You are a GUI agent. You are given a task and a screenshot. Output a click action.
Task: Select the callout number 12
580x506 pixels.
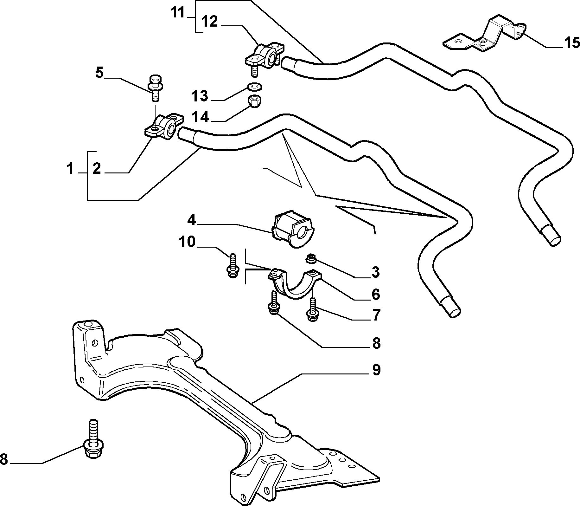click(x=209, y=22)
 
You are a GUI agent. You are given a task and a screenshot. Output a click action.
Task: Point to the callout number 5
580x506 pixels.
click(x=99, y=73)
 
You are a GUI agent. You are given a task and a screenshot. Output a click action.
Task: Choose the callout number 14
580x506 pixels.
click(x=200, y=117)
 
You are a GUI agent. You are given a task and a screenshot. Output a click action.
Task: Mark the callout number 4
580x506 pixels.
click(x=192, y=220)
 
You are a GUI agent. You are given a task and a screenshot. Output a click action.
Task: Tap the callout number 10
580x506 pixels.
click(x=187, y=242)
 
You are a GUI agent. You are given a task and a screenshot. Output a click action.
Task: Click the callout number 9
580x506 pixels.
click(x=376, y=370)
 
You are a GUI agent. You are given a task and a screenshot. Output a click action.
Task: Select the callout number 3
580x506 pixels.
click(x=375, y=272)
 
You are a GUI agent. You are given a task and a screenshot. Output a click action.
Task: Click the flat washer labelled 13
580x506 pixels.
click(x=253, y=86)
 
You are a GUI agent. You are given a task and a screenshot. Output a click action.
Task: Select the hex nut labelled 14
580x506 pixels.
click(x=254, y=101)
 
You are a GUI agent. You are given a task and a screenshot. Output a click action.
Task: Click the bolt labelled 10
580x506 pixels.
click(x=232, y=266)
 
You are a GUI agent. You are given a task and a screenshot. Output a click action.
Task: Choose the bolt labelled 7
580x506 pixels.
click(x=312, y=310)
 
